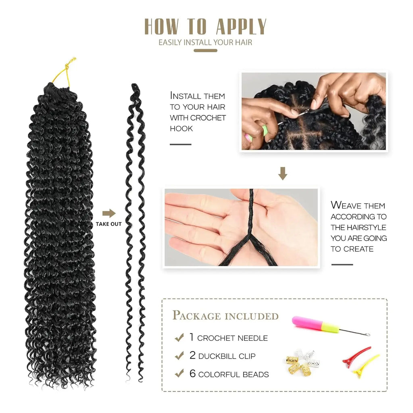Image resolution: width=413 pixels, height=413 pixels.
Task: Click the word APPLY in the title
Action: click(x=241, y=27)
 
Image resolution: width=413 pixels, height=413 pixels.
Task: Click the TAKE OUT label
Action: click(x=108, y=224)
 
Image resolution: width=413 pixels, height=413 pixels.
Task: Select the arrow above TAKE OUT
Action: click(x=109, y=213)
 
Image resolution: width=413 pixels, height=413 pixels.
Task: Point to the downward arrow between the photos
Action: click(x=283, y=173)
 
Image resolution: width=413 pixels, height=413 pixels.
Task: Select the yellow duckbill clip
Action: click(x=366, y=365)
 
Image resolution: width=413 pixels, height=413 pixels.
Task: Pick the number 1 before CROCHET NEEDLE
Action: click(x=192, y=337)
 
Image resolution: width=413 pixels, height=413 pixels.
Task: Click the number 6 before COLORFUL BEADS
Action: click(x=192, y=374)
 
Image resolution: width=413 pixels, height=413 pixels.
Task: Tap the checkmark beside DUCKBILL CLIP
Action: click(x=179, y=356)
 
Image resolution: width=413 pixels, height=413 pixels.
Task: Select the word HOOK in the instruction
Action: click(x=181, y=129)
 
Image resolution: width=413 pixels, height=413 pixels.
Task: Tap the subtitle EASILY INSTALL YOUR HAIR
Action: click(x=205, y=42)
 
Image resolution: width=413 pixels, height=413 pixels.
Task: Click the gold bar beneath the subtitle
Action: click(x=205, y=51)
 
